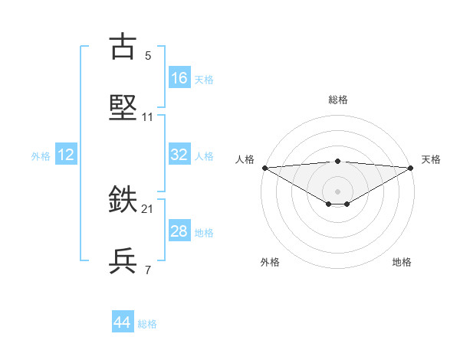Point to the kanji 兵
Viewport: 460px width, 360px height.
pos(123,260)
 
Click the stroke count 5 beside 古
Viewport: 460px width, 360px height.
pos(148,56)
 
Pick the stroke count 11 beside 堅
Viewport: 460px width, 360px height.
pos(148,117)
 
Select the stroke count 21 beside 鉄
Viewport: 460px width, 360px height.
pos(148,209)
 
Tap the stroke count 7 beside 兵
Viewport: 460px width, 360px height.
pos(148,270)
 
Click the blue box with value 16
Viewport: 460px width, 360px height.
pos(179,78)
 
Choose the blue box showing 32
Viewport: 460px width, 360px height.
pos(179,155)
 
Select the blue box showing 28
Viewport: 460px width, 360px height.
pos(179,231)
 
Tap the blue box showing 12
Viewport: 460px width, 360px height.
pos(66,155)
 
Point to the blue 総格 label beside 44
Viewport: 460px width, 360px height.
pos(147,324)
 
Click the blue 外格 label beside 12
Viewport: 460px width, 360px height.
pos(41,156)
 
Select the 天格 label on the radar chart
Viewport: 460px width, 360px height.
pos(431,159)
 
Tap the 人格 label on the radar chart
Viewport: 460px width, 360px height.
pos(245,159)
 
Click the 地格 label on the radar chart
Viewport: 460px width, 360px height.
pos(402,262)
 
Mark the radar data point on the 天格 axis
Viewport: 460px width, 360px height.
pos(411,168)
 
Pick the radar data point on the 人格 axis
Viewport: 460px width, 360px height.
pos(264,168)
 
